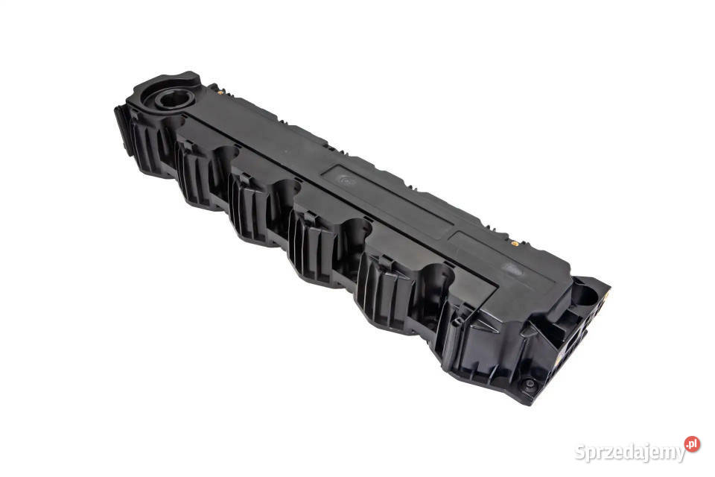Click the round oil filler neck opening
pyautogui.click(x=175, y=98)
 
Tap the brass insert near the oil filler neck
pyautogui.click(x=220, y=92)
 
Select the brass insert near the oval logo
pyautogui.click(x=515, y=244)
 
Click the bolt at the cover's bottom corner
pyautogui.click(x=530, y=384)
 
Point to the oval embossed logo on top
pyautogui.click(x=512, y=270)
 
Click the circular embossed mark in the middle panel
pyautogui.click(x=346, y=180)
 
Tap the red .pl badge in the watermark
pyautogui.click(x=692, y=444)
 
